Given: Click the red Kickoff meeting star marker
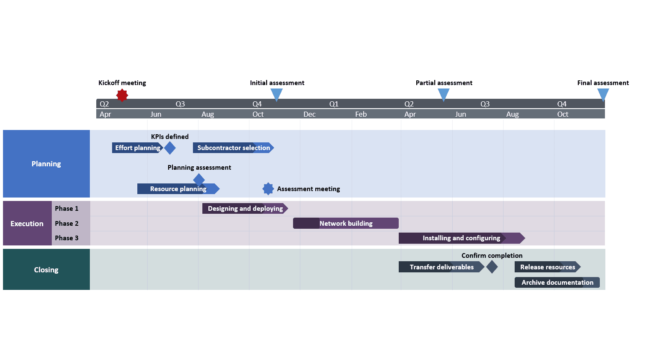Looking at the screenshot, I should click(122, 95).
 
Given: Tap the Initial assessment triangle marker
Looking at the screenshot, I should click(276, 94).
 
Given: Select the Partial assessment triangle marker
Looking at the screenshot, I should click(444, 94).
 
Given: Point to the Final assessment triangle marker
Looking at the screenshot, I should click(603, 94).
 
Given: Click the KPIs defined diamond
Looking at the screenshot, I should click(170, 148).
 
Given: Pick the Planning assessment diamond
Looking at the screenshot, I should click(199, 179).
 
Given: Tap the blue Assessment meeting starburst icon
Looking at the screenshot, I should click(268, 189).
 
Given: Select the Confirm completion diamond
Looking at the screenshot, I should click(492, 267).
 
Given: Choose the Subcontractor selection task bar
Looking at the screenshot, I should click(233, 148).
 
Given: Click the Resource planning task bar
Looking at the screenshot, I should click(178, 189).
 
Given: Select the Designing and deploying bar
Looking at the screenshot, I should click(245, 209).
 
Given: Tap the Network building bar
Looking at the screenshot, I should click(346, 223).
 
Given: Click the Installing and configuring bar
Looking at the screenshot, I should click(461, 238).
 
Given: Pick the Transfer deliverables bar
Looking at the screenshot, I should click(441, 267).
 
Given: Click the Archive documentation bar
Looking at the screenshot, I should click(557, 283).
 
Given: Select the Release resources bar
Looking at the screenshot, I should click(547, 267).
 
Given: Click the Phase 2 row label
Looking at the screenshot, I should click(67, 224).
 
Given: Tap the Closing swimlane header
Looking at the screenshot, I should click(46, 270).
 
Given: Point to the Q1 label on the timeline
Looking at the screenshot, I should click(334, 104).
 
